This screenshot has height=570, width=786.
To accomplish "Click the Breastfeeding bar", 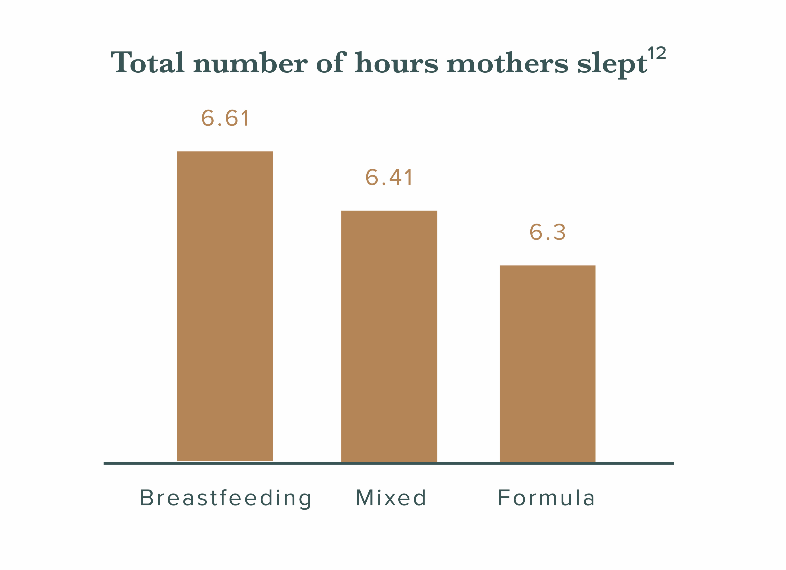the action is point(225,306).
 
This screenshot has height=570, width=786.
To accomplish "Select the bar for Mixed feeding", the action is point(389,336).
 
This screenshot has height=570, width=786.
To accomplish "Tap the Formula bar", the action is point(547,364).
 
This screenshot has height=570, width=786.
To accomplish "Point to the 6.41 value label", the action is point(389,177).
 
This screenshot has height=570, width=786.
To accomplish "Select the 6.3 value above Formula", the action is point(547,232).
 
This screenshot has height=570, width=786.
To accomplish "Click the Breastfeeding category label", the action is point(226,499).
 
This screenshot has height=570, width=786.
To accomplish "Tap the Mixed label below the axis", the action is point(391,498).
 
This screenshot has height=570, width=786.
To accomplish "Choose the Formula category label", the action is point(546,498).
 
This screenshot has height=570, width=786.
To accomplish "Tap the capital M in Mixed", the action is point(365,497).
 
